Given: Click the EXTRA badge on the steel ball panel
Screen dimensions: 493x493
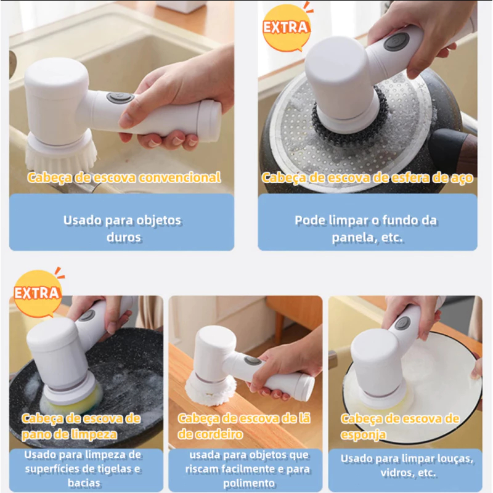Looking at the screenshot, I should click(286, 27).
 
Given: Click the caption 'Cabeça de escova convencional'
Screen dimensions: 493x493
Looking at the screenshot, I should click(124, 177).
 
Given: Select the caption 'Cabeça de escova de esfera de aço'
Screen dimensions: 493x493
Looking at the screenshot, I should click(367, 177).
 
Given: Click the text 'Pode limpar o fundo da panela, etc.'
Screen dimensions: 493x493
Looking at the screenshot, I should click(367, 229).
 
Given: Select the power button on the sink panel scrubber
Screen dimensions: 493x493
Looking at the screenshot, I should click(120, 97).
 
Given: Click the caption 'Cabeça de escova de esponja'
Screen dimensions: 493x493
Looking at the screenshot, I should click(401, 426).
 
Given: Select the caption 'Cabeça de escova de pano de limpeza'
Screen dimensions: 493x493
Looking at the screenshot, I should click(81, 426).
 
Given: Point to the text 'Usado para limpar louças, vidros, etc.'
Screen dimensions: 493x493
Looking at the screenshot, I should click(407, 466).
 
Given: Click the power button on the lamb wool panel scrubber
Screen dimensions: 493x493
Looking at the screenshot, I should click(252, 361).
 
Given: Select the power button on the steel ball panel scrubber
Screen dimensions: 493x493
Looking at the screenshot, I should click(396, 42).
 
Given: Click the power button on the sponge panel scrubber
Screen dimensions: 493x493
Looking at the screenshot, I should click(402, 323).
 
